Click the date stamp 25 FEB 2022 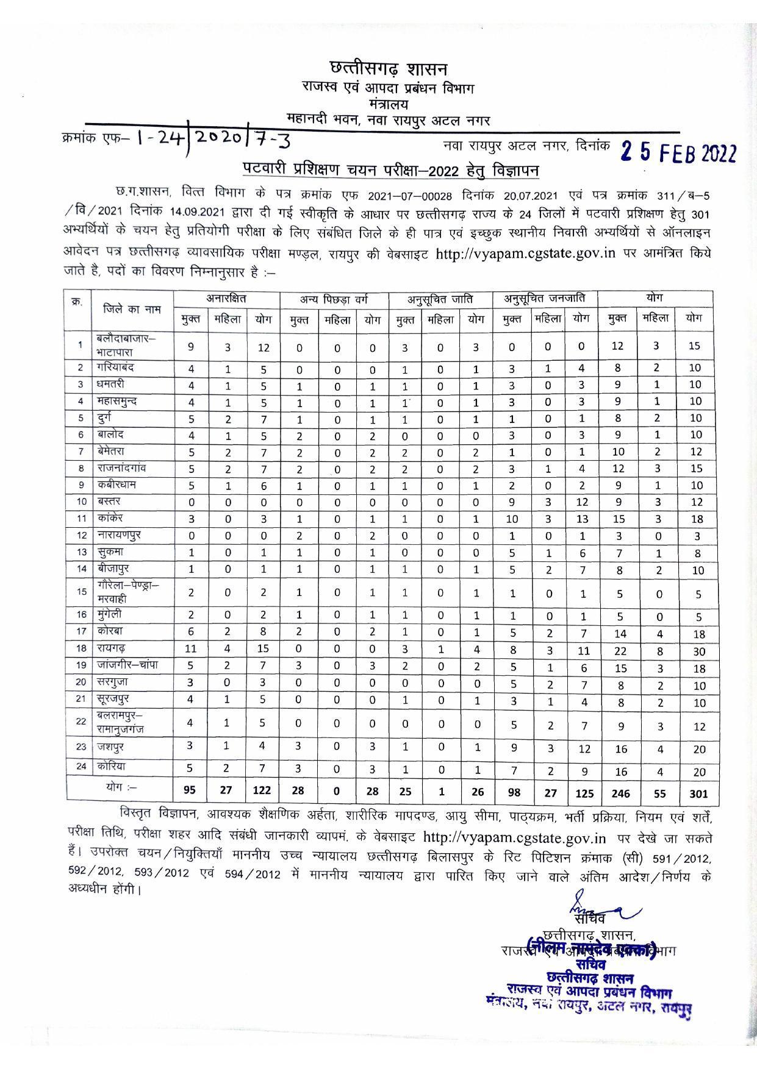click(678, 152)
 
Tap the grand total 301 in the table click(693, 792)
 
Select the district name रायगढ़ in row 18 click(112, 648)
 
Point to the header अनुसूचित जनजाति click(545, 299)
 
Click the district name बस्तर click(109, 501)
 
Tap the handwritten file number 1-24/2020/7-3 click(213, 139)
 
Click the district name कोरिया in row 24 click(111, 766)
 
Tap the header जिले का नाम click(132, 309)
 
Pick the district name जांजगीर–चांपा click(127, 665)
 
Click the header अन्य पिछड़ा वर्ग click(334, 299)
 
